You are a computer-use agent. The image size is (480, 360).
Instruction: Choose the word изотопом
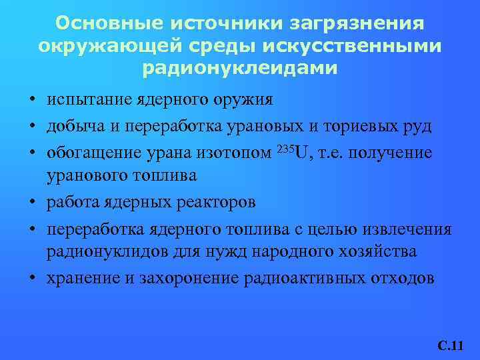click(235, 153)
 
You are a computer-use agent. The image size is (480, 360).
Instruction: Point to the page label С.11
click(450, 346)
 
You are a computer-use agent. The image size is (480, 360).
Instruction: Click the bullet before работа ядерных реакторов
click(32, 202)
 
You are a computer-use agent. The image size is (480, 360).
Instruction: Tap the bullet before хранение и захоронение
click(32, 278)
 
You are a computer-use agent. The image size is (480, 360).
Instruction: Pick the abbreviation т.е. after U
click(335, 153)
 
